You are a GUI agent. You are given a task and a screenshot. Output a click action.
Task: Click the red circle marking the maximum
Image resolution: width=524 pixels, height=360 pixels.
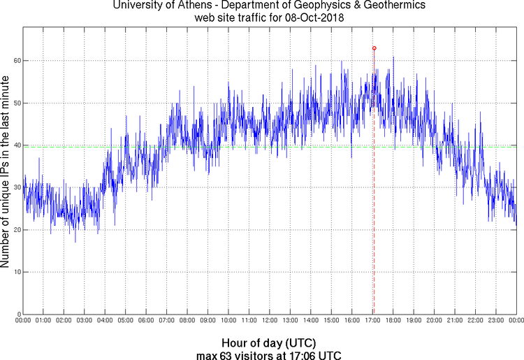point(374,48)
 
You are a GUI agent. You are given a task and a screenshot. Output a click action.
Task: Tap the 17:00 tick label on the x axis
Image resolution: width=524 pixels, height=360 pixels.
point(372,321)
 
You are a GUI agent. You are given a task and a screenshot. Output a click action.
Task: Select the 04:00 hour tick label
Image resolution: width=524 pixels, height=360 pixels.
point(104,321)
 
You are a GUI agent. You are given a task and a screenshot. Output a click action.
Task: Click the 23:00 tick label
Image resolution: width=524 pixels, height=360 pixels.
point(496,321)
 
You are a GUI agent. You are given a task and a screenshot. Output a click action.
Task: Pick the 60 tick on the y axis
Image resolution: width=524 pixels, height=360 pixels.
point(15,61)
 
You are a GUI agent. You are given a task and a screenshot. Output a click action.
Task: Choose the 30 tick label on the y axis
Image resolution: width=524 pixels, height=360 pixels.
point(15,187)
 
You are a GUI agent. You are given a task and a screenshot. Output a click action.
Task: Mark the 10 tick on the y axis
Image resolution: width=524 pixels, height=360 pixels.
point(15,271)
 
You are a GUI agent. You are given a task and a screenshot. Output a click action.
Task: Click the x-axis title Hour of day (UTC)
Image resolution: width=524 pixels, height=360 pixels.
point(268,343)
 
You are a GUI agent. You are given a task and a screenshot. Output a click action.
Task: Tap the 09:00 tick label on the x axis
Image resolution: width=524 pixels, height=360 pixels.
point(208,321)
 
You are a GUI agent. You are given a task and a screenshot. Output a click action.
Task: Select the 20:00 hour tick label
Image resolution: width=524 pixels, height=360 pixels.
point(434,321)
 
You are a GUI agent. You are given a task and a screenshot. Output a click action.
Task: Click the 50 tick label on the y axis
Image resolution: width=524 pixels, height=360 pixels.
point(15,103)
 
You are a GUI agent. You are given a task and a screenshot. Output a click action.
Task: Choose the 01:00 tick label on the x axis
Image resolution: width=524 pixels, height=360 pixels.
point(43,321)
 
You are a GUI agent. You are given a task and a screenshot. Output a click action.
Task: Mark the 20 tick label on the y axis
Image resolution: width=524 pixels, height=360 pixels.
point(15,229)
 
